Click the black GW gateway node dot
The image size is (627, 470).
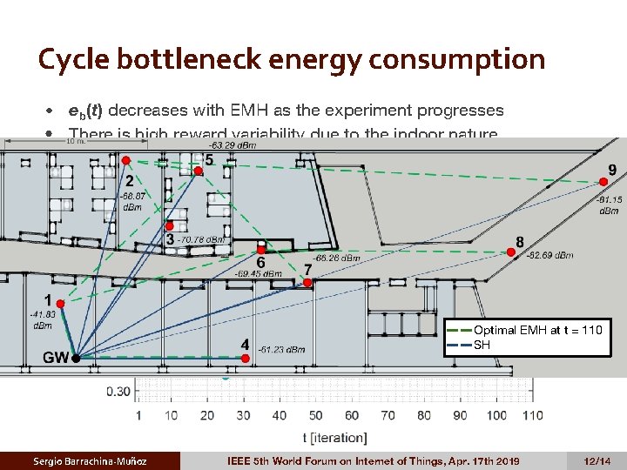click(x=76, y=358)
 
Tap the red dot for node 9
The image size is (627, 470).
click(x=603, y=181)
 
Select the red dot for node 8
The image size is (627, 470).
click(x=511, y=252)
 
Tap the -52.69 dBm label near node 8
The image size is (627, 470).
click(x=550, y=256)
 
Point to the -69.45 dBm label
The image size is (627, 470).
click(x=260, y=273)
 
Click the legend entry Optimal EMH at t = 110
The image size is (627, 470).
click(x=537, y=330)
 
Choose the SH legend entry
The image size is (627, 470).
click(x=482, y=344)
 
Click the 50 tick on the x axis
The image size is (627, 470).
click(x=315, y=415)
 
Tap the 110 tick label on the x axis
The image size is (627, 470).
click(x=532, y=415)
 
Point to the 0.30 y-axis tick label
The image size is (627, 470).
click(x=119, y=391)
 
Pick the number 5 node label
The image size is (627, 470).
click(x=208, y=160)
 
